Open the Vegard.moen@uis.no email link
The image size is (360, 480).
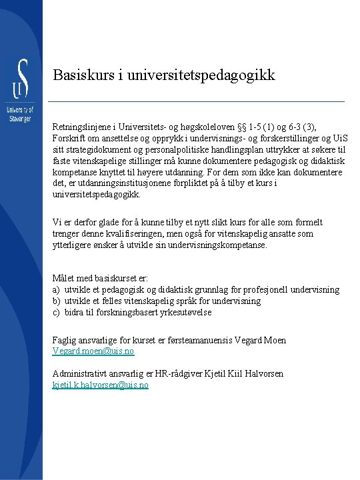pos(93,351)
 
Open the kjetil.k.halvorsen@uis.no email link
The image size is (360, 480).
pos(101,385)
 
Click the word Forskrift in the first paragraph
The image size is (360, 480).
pos(69,138)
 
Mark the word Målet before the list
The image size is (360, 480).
pos(65,278)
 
